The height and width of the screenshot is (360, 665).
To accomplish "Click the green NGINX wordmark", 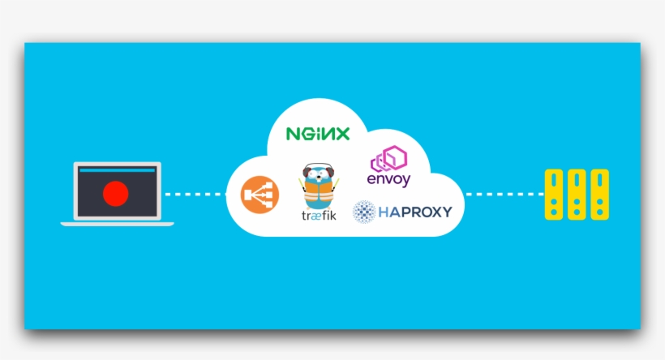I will [318, 134].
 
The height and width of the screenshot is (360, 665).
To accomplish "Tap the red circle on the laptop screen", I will [116, 193].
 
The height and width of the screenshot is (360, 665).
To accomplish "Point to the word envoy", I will [389, 179].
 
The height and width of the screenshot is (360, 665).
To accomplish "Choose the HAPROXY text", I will [414, 212].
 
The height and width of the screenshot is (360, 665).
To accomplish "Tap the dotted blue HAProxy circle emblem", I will [364, 212].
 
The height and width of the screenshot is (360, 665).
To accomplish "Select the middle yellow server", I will [577, 195].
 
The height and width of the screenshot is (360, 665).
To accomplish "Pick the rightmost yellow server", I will [599, 195].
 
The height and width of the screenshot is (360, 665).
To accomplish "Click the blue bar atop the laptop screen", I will [116, 171].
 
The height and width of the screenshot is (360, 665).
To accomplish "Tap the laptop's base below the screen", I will [117, 223].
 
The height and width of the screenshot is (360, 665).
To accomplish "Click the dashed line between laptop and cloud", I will [192, 195].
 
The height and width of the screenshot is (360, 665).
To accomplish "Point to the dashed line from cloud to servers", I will [502, 195].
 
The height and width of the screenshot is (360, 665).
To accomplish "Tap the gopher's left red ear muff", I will [307, 172].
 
